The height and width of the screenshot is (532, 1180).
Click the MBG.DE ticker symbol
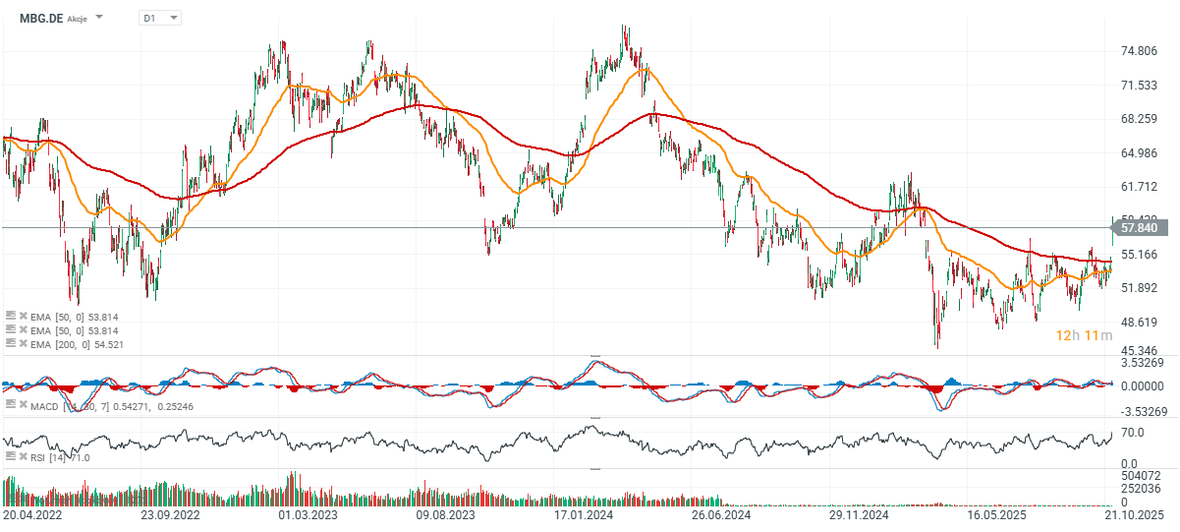pyautogui.click(x=40, y=18)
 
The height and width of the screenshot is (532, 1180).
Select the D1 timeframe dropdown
pyautogui.click(x=160, y=18)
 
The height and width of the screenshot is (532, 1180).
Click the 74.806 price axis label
pyautogui.click(x=1138, y=52)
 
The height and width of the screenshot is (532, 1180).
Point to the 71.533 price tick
pyautogui.click(x=1138, y=86)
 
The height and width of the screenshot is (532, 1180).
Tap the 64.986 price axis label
pyautogui.click(x=1138, y=153)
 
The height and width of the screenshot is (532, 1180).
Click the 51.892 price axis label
pyautogui.click(x=1138, y=288)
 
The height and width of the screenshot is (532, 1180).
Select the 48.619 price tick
pyautogui.click(x=1138, y=323)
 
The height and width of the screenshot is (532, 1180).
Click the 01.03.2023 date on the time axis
pyautogui.click(x=308, y=513)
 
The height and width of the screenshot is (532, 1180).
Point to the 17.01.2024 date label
pyautogui.click(x=583, y=513)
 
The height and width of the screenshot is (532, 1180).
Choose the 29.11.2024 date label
pyautogui.click(x=858, y=513)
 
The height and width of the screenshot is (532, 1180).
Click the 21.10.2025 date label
pyautogui.click(x=1134, y=513)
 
